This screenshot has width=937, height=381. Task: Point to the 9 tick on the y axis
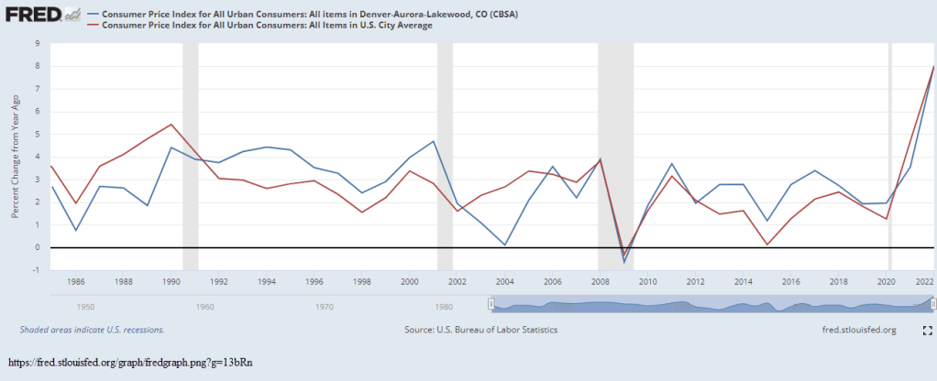tap(38, 43)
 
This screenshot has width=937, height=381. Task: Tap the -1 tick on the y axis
tap(37, 270)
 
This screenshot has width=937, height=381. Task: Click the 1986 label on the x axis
tap(78, 282)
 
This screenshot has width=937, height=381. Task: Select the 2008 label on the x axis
tap(600, 282)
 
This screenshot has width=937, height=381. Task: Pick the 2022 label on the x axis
tap(924, 282)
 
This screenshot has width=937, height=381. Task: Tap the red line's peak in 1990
tap(171, 125)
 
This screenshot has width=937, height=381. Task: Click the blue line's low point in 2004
tap(504, 245)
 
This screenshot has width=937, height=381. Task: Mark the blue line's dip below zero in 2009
tap(624, 262)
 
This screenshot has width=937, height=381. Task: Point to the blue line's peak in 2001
tap(433, 141)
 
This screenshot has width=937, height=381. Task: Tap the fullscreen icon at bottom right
tap(927, 330)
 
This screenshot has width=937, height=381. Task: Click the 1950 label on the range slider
tap(87, 307)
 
